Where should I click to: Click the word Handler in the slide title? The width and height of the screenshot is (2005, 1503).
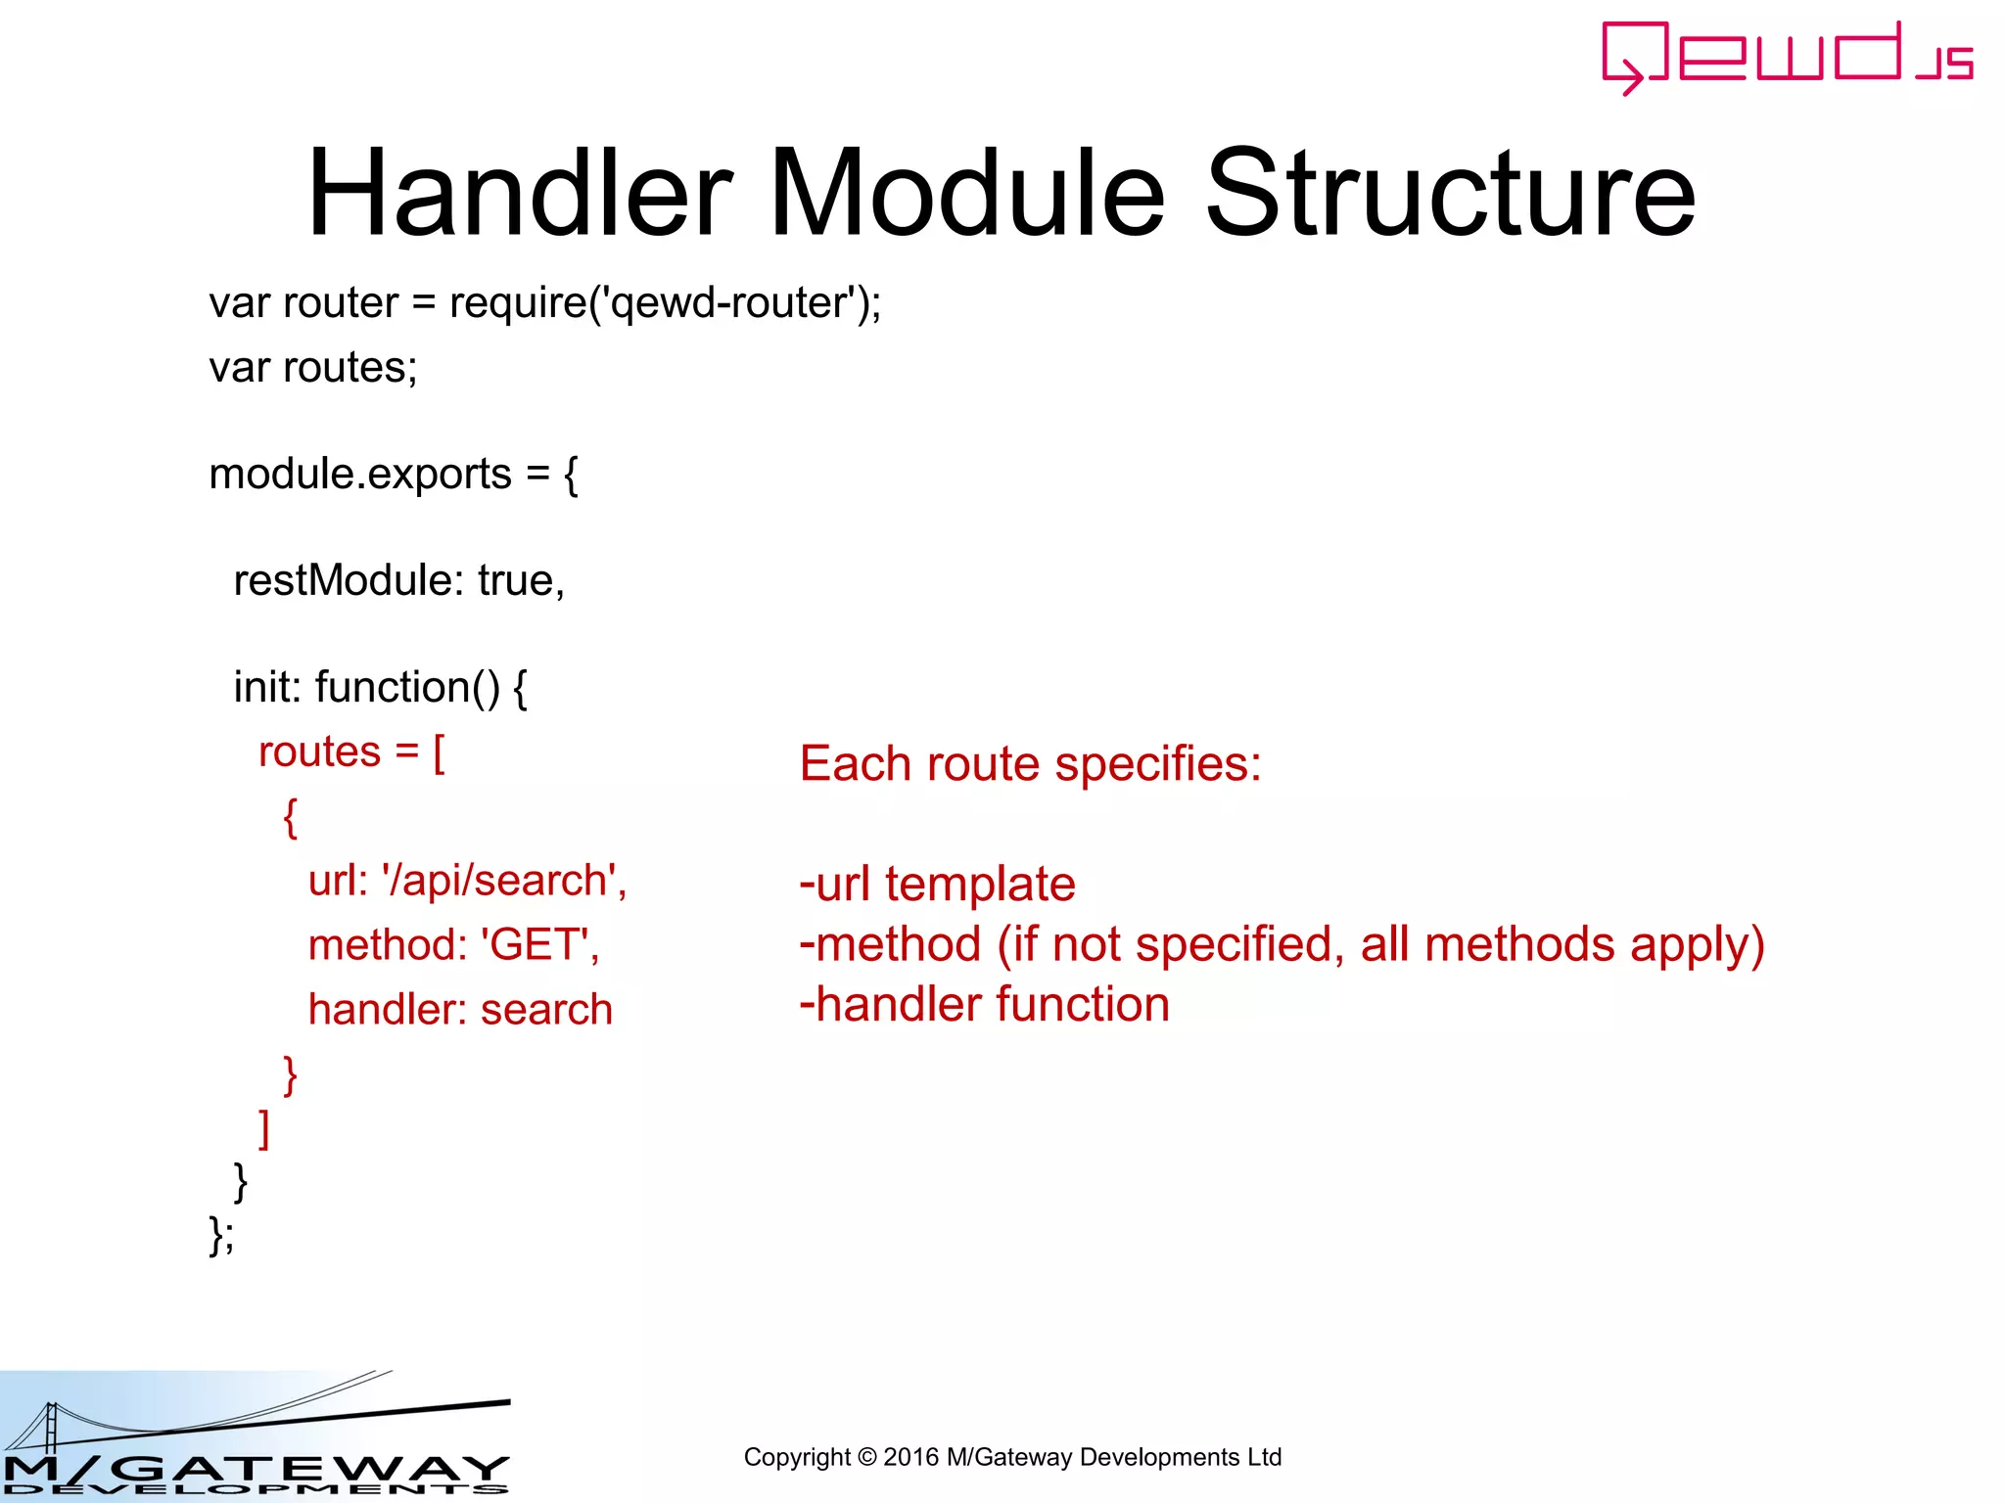pos(520,193)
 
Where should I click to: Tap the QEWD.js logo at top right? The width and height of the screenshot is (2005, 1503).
pos(1786,57)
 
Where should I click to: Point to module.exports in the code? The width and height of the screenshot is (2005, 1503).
pos(360,475)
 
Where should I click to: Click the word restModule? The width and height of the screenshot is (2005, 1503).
pos(343,581)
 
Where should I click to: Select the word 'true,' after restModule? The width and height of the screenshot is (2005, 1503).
pos(521,581)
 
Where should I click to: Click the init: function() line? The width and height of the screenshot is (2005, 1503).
pos(380,688)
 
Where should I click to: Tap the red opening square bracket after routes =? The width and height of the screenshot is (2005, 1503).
pos(439,753)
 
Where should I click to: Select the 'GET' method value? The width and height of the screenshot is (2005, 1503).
pos(537,945)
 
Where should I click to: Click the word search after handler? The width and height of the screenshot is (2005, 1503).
pos(546,1010)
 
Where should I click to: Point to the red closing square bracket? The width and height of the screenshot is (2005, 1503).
pos(263,1129)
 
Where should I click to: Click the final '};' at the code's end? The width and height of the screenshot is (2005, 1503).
pos(221,1235)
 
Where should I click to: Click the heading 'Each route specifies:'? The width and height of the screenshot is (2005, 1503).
pos(1030,764)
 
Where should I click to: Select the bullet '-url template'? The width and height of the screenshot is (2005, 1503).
pos(938,885)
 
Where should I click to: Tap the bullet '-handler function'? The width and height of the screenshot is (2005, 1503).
pos(985,1005)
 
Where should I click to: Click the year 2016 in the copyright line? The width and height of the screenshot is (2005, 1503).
pos(910,1457)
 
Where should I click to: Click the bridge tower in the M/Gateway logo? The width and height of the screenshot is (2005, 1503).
pos(51,1429)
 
